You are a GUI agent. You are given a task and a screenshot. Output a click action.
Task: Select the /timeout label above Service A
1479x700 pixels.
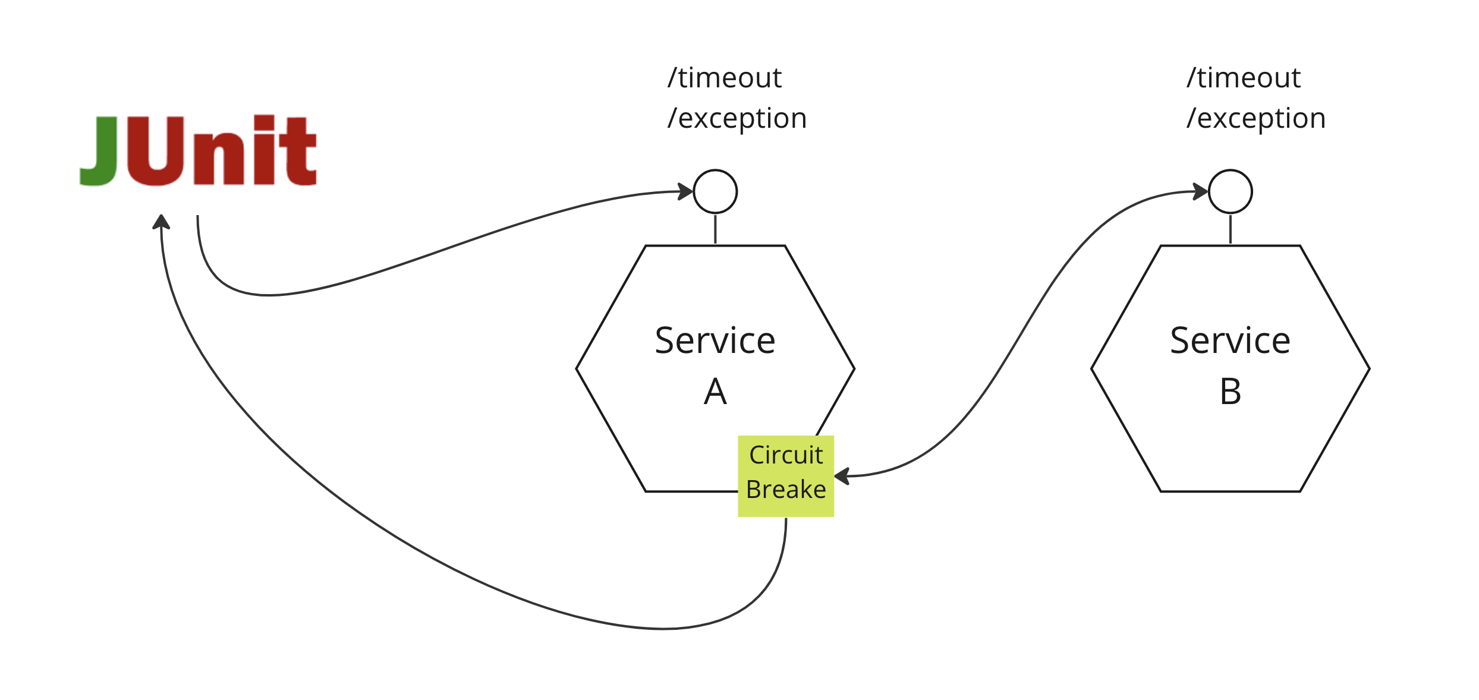point(724,78)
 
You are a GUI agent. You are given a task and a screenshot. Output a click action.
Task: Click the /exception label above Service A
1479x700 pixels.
point(737,118)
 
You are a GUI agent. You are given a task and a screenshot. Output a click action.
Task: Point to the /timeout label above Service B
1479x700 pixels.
point(1243,78)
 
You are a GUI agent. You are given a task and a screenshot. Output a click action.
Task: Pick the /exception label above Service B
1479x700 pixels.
point(1255,118)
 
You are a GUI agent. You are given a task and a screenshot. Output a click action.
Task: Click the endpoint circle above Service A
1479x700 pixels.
point(715,191)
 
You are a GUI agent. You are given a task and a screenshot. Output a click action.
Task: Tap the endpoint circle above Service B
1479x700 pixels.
point(1230,191)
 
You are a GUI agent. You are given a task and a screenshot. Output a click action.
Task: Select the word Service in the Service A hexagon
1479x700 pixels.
point(715,340)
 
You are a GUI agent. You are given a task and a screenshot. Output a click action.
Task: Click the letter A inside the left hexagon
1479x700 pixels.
point(715,392)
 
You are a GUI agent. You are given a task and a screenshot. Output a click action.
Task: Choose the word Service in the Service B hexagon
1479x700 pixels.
point(1230,340)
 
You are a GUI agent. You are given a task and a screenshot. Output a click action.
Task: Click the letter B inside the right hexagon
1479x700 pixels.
point(1230,392)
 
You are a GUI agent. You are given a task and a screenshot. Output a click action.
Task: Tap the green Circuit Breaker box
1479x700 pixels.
point(785,476)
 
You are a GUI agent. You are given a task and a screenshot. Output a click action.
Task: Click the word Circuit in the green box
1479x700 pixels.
point(785,455)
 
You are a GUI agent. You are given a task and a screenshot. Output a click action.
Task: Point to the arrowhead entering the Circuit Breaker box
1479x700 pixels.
point(842,476)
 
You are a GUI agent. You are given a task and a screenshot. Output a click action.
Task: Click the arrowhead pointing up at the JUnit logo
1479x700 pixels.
point(161,222)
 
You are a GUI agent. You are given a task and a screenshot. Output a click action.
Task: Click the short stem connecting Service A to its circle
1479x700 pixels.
point(715,229)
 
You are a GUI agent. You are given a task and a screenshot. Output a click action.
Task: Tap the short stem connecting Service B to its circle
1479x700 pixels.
point(1230,229)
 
